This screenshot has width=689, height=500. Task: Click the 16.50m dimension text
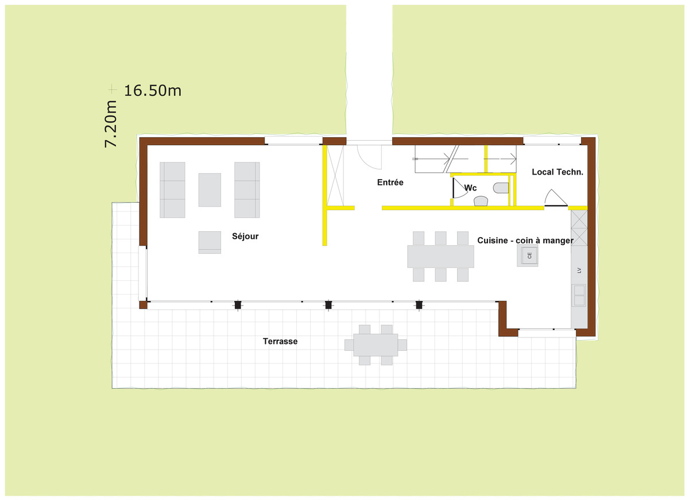(x=153, y=91)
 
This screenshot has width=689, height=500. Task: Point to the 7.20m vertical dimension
(x=111, y=123)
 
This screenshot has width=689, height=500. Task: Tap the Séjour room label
(x=245, y=236)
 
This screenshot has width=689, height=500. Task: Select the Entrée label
(x=390, y=183)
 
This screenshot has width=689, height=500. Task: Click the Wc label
(x=470, y=188)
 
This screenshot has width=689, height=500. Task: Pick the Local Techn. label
(x=558, y=172)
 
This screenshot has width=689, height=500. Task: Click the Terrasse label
(x=280, y=341)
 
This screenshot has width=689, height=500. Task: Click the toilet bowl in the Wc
(x=501, y=188)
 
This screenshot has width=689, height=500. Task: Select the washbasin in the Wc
(x=481, y=201)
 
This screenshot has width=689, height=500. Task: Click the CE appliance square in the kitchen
(x=527, y=255)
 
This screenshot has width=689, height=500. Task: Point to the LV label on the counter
(x=579, y=270)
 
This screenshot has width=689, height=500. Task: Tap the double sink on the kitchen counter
(x=579, y=295)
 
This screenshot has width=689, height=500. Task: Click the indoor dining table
(x=440, y=256)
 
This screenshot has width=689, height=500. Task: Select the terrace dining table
(x=376, y=344)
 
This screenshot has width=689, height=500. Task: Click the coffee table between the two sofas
(x=210, y=190)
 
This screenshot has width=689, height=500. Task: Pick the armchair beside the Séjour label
(x=210, y=242)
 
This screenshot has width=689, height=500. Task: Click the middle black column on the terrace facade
(x=328, y=305)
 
